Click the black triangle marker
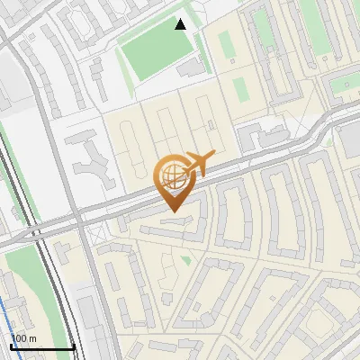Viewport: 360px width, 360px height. tap(181, 24)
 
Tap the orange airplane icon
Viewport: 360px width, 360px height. tap(199, 163)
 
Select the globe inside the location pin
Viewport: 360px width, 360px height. tap(173, 175)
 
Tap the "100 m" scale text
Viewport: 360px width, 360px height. tap(24, 337)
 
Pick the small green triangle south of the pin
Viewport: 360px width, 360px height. tap(185, 259)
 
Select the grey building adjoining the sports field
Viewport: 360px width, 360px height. tap(191, 67)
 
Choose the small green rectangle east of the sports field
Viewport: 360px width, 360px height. tap(240, 88)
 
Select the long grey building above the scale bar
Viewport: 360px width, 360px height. tap(87, 324)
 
